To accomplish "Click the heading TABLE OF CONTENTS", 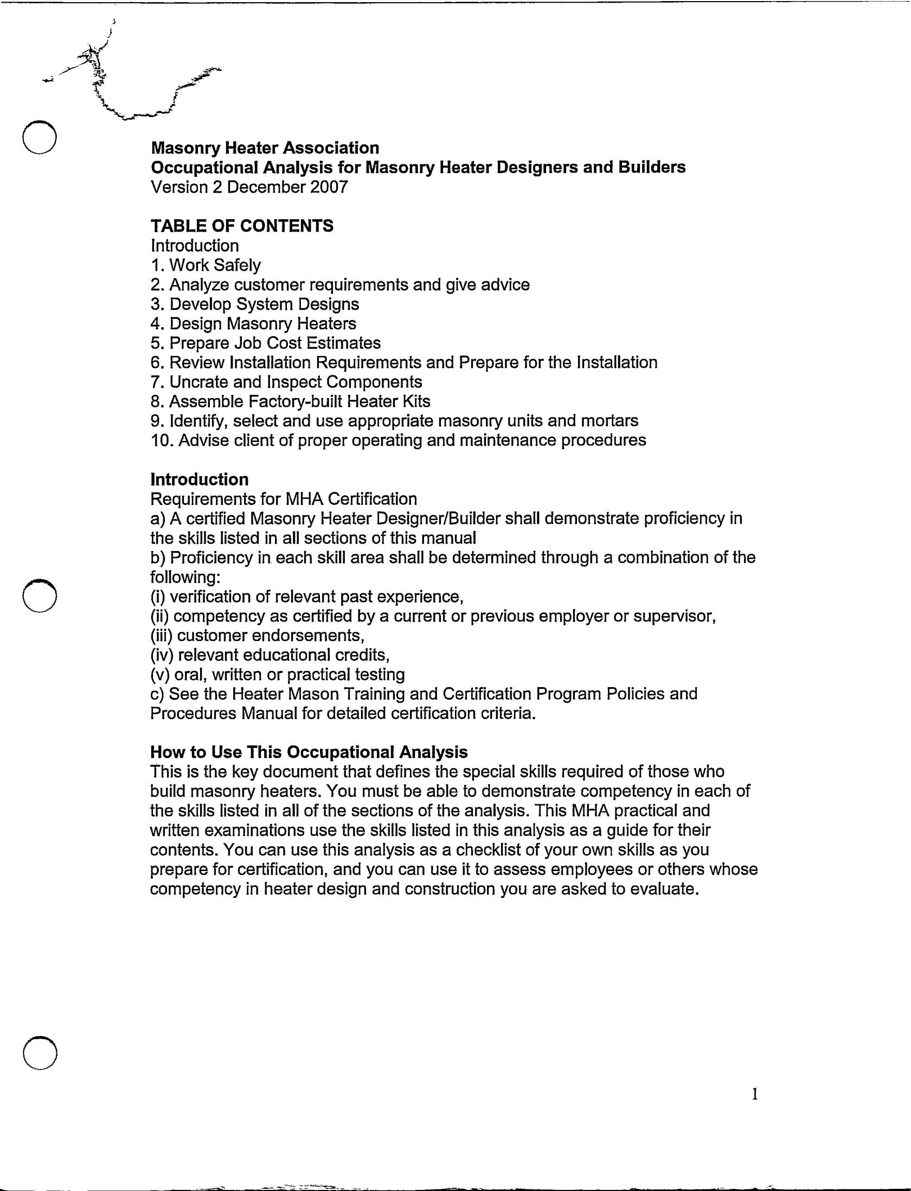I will point(242,226).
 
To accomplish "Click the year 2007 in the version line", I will point(329,187).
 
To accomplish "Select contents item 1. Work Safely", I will point(206,265).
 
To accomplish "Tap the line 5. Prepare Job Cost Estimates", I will point(266,343).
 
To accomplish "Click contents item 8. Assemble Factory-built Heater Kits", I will point(291,401).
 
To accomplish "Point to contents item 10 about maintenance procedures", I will point(399,440).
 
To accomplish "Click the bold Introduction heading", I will point(200,479).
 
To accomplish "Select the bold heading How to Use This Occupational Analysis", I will point(309,752).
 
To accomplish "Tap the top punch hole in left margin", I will point(39,136).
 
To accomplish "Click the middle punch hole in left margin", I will point(39,595).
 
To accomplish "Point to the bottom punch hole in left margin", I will point(40,1053).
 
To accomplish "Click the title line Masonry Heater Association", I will point(265,148).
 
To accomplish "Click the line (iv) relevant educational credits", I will point(270,655).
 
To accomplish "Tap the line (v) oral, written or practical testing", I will point(278,674).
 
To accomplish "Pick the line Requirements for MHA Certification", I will point(284,499).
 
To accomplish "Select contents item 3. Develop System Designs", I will point(255,304).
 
